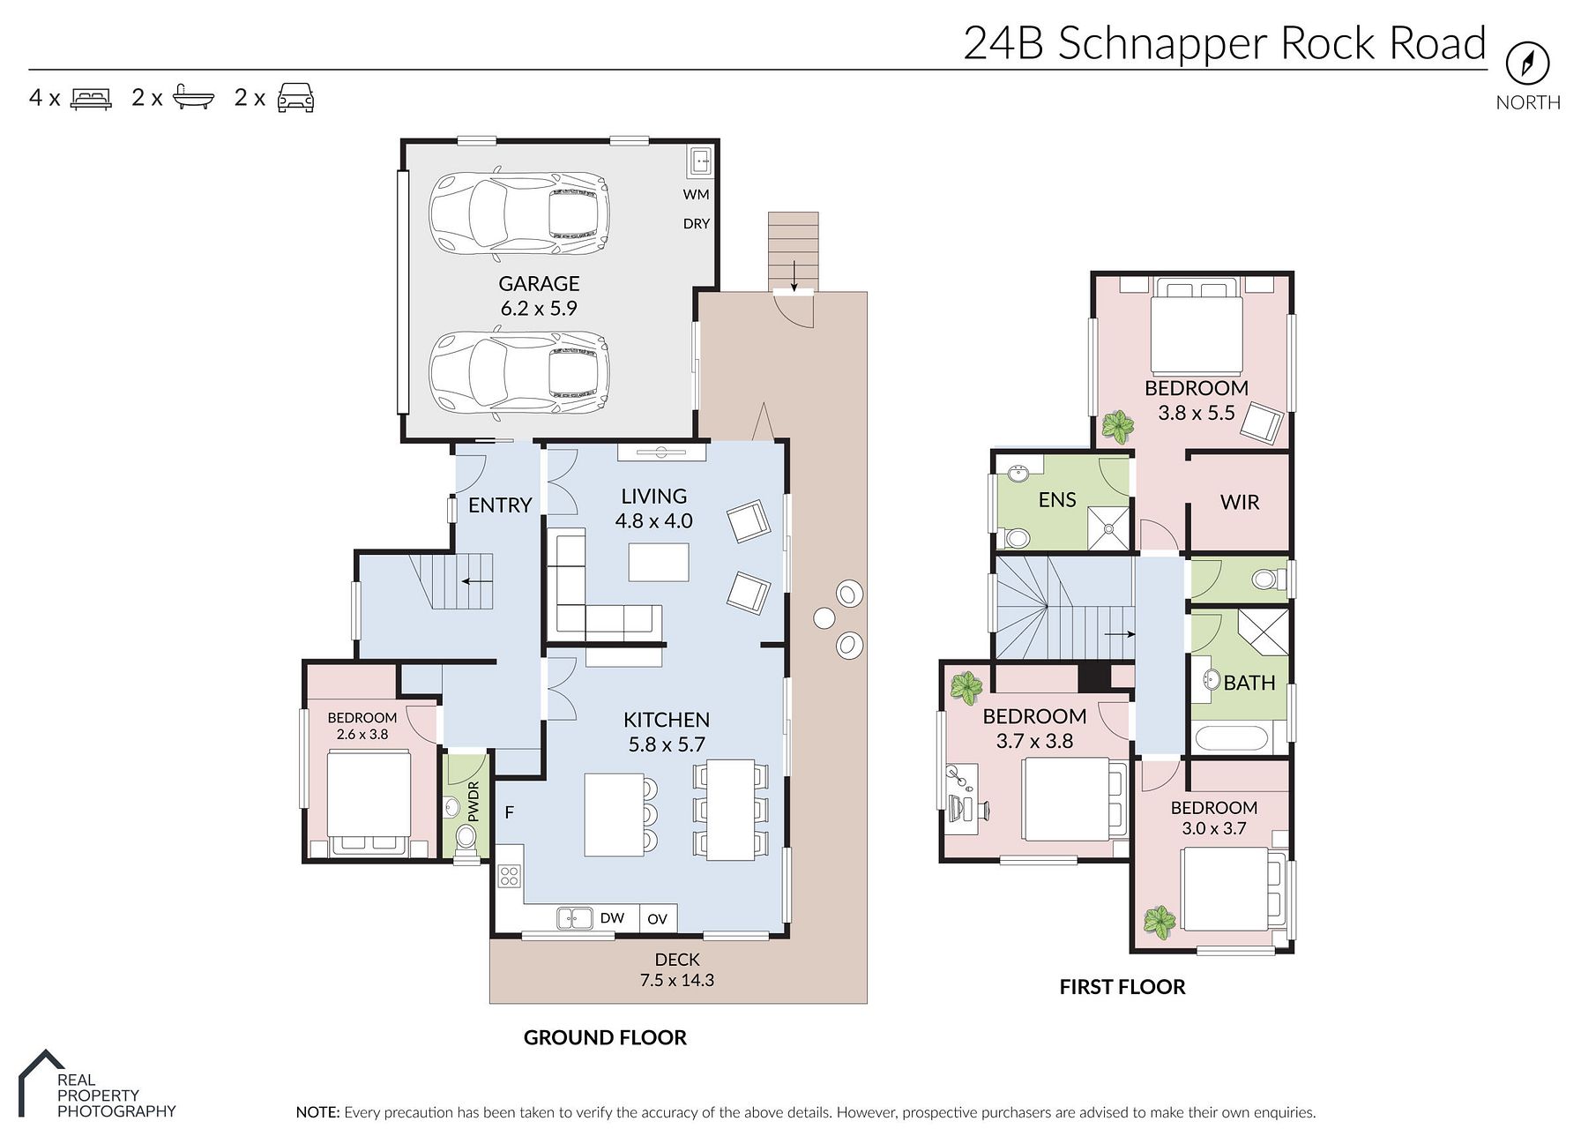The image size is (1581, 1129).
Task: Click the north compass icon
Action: click(x=1527, y=63)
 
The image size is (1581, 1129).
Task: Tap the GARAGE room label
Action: click(x=539, y=284)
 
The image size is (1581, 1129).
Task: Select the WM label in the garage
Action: click(x=696, y=194)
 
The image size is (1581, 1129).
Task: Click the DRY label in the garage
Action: click(x=696, y=224)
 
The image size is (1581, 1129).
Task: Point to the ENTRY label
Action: click(x=500, y=505)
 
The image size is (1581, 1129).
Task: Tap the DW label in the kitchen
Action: click(x=612, y=918)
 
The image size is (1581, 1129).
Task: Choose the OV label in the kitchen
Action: click(x=657, y=919)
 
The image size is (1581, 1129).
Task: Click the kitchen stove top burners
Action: click(x=509, y=876)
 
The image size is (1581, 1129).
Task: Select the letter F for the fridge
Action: click(x=510, y=812)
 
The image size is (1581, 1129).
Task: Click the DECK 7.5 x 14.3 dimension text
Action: click(x=677, y=980)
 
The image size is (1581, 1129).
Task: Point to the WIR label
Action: click(x=1240, y=503)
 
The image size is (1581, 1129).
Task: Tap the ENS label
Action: click(x=1057, y=500)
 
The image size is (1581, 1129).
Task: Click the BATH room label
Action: click(x=1249, y=683)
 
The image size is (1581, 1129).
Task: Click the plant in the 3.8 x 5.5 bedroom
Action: click(x=1118, y=428)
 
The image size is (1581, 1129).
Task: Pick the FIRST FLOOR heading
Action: click(x=1122, y=987)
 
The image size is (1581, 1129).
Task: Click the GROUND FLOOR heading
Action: click(x=605, y=1038)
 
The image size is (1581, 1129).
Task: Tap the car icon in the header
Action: click(x=295, y=98)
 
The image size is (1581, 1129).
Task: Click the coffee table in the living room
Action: click(x=659, y=563)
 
